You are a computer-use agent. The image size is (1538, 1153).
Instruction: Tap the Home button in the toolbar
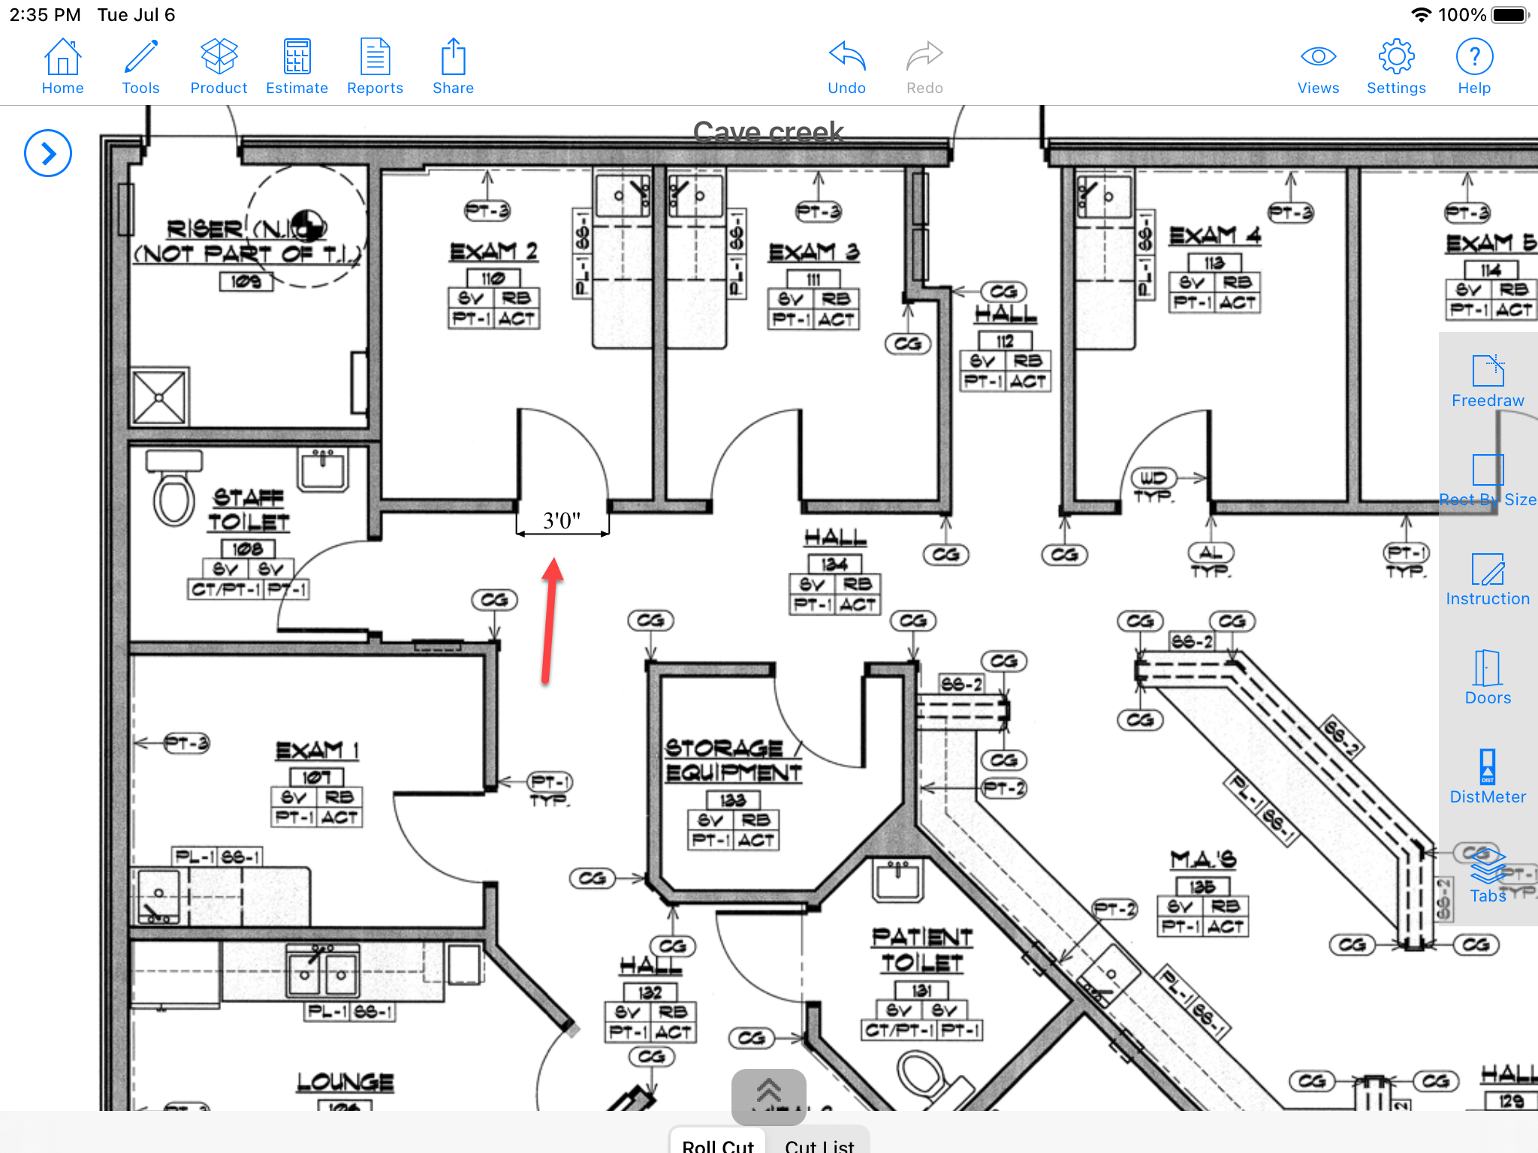[62, 67]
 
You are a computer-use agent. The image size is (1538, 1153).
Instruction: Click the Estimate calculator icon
[297, 67]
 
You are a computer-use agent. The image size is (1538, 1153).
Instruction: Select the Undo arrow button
[846, 67]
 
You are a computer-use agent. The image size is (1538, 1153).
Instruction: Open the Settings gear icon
[1395, 67]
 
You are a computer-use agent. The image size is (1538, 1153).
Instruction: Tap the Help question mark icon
[1473, 67]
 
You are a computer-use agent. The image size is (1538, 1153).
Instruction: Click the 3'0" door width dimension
[562, 521]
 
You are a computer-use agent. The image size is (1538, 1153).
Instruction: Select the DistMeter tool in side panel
[1487, 776]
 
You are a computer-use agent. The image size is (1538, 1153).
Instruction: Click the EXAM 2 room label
[493, 251]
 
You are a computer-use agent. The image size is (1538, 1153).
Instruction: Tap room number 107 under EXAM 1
[316, 777]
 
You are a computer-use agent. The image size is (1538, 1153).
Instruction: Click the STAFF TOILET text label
[249, 509]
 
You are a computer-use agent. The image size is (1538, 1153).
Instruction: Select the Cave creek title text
[767, 132]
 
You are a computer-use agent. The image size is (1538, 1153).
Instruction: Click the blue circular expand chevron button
[48, 154]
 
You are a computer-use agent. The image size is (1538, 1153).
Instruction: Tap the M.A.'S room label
[1202, 859]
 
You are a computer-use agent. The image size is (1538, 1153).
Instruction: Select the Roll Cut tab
[717, 1143]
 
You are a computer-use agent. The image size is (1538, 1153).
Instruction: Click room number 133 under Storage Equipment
[732, 800]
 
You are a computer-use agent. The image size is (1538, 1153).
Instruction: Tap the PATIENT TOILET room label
[922, 950]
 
